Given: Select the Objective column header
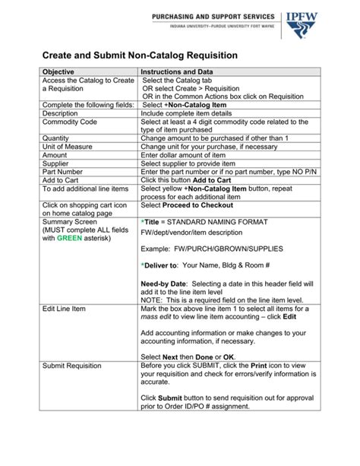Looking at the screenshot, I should tap(58, 71).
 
